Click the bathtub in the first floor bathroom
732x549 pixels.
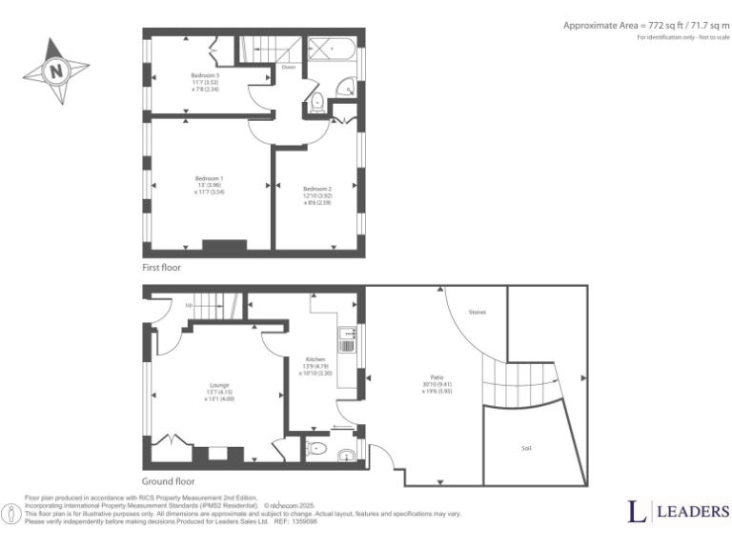(331, 48)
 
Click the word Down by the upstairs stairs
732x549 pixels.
(288, 68)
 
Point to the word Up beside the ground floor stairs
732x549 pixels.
(189, 305)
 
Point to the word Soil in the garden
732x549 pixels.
(526, 447)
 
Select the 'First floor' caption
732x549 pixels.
(161, 268)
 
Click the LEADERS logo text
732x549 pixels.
(691, 512)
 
